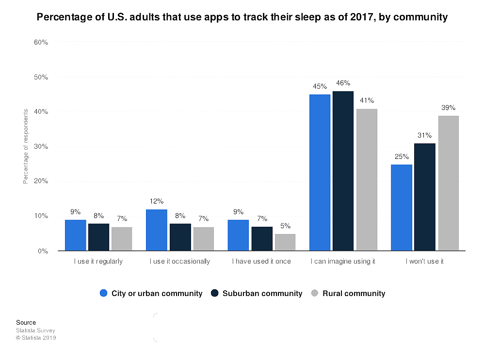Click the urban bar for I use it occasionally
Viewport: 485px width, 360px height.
click(x=157, y=230)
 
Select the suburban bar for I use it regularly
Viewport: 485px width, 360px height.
click(x=98, y=237)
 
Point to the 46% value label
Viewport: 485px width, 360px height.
click(x=343, y=83)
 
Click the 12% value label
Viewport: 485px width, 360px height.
click(x=157, y=201)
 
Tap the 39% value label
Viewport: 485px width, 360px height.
click(x=448, y=108)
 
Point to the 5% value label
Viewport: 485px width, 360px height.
click(x=285, y=226)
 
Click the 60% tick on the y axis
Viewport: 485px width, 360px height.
click(x=41, y=42)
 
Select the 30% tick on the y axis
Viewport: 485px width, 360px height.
click(x=41, y=146)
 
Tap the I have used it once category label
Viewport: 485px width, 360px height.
click(x=261, y=261)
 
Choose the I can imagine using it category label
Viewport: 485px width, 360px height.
click(x=343, y=261)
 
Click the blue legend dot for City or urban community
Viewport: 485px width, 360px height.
click(x=103, y=293)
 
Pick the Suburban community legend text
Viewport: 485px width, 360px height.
click(x=262, y=293)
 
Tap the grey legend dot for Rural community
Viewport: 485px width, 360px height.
click(x=314, y=293)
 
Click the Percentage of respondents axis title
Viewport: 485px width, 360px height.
click(x=25, y=146)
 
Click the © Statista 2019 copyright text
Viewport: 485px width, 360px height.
click(x=36, y=338)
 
